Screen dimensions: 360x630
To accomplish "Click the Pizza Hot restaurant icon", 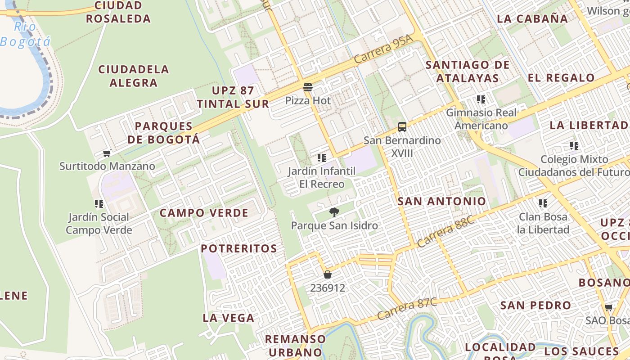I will (x=308, y=87).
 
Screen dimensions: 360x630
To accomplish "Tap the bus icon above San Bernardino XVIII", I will (x=402, y=127).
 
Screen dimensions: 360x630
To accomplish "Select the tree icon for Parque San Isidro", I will (x=334, y=212).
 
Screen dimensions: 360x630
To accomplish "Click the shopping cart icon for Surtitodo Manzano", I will (x=107, y=153).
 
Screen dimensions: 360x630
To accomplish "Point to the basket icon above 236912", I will (x=328, y=274).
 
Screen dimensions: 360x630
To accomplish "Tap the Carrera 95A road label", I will (x=383, y=49).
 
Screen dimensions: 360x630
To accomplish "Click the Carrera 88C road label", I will (x=445, y=231).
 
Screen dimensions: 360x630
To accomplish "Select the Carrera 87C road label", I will (x=407, y=308).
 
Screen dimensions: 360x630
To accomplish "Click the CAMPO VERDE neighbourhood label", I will (x=204, y=213).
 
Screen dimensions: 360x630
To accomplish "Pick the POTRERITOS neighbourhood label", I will (x=239, y=248).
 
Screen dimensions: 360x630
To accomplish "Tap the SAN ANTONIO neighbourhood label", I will (x=442, y=201).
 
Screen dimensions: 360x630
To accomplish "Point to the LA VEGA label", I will (x=229, y=318).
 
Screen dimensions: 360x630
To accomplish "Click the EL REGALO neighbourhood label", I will (x=561, y=77).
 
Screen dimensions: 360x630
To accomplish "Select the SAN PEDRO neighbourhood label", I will (x=535, y=305).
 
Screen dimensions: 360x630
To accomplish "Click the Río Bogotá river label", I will (x=25, y=34).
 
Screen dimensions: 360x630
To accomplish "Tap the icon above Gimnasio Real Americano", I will (x=481, y=99).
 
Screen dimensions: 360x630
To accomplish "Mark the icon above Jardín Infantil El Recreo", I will (x=321, y=158).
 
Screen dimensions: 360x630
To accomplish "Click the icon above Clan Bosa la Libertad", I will (x=543, y=203).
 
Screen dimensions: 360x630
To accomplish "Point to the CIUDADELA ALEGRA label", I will (x=134, y=76).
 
